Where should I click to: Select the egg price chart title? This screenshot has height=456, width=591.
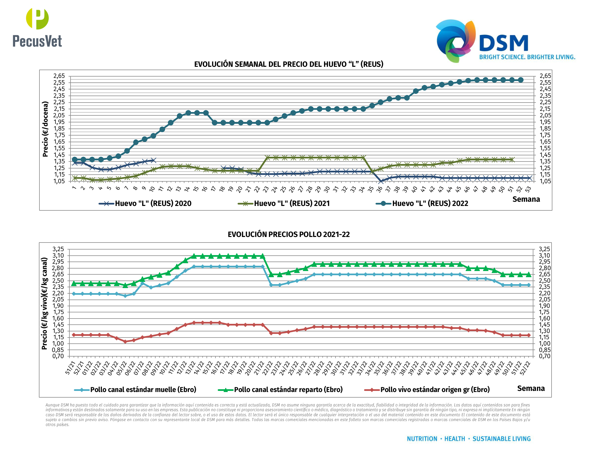tap(289, 64)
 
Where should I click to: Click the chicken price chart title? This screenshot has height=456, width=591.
tap(289, 234)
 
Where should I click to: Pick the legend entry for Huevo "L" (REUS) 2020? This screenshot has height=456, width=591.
tap(145, 203)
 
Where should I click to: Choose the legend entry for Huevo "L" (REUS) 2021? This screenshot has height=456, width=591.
tap(284, 203)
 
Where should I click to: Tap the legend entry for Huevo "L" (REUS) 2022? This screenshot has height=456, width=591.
tap(422, 203)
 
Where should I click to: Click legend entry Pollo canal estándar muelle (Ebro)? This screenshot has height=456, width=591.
tap(135, 390)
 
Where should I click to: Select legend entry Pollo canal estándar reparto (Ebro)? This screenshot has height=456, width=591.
tap(280, 390)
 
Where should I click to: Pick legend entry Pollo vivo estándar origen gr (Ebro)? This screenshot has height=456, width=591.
tap(427, 390)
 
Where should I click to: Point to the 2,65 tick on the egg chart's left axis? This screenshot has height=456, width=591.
tap(59, 76)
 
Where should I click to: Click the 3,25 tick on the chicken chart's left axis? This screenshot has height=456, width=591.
tap(58, 249)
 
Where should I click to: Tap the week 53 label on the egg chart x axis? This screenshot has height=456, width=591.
tap(528, 190)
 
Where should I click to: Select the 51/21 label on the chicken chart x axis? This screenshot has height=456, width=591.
tap(71, 368)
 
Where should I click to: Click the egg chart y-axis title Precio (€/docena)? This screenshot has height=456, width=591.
tap(45, 129)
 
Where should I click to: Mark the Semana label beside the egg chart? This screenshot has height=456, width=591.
tap(526, 199)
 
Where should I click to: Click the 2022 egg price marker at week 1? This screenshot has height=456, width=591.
tap(75, 160)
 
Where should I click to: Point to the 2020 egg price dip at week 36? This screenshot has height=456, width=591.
tap(381, 181)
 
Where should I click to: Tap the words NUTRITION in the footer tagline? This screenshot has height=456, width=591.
tap(422, 439)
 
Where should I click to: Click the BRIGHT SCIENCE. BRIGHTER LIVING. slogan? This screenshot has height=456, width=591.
tap(527, 57)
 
